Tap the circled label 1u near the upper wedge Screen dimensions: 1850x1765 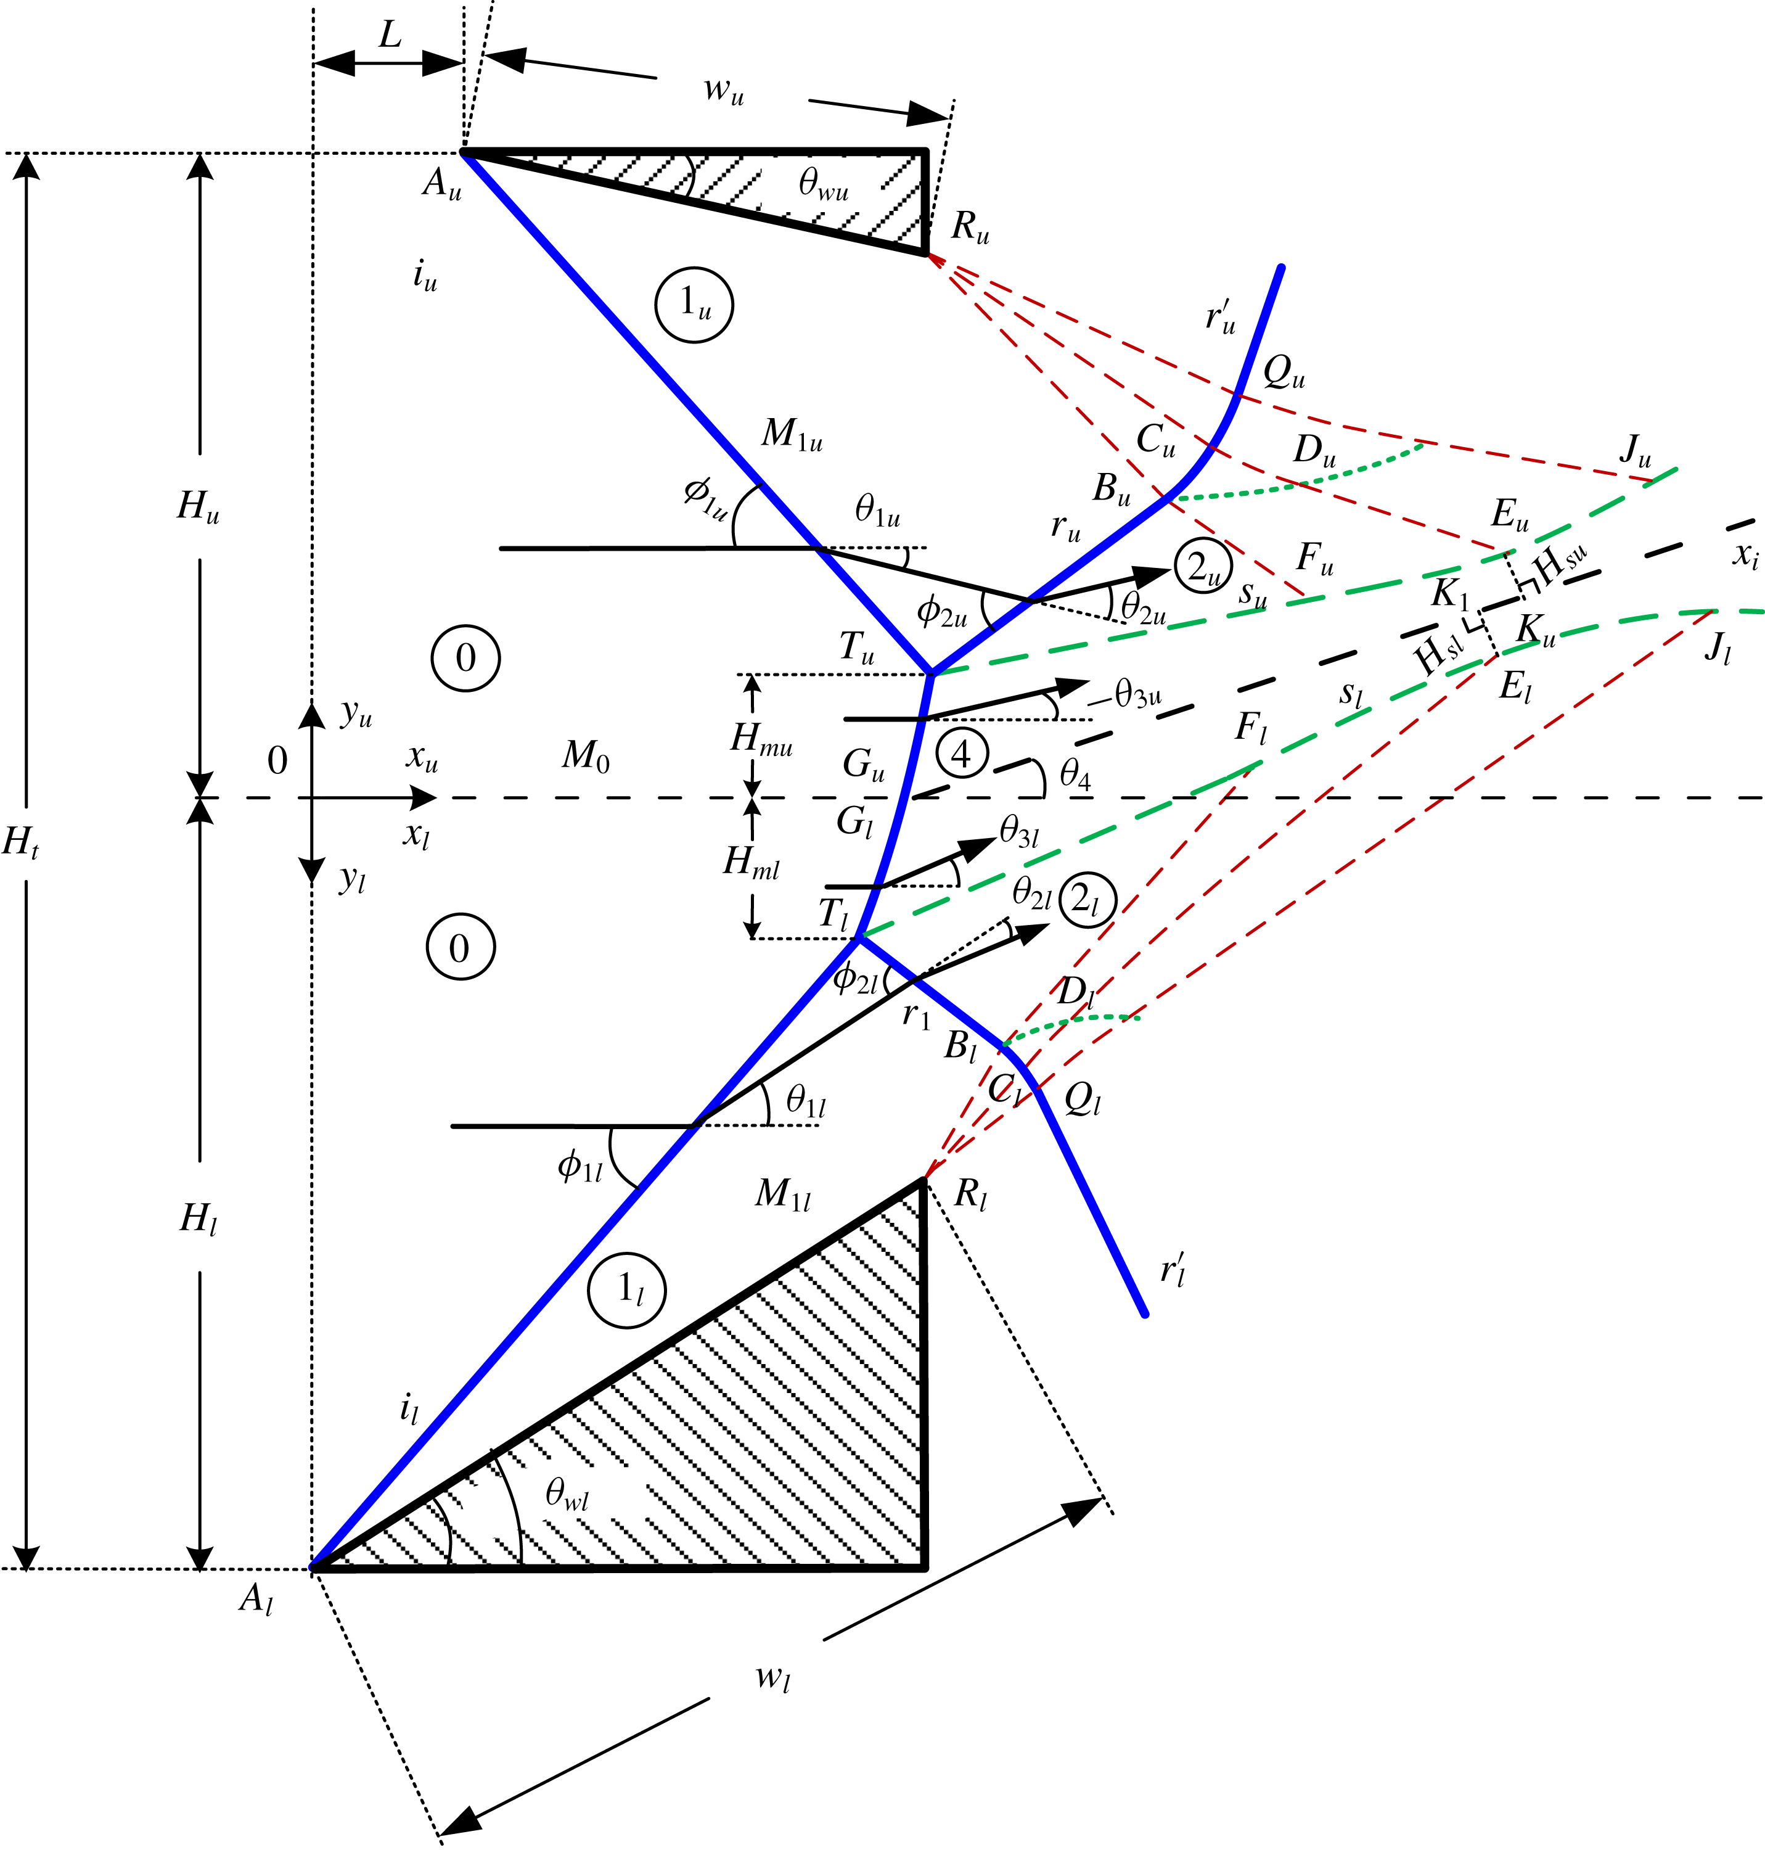(x=694, y=304)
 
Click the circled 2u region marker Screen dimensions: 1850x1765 (x=1202, y=567)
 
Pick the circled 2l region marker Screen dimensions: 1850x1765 (x=1087, y=900)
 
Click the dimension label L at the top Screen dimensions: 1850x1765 (x=390, y=36)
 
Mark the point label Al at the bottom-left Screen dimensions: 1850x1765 (x=256, y=1599)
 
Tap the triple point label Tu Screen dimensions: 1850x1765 (x=856, y=647)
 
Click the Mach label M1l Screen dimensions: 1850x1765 (x=783, y=1194)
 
